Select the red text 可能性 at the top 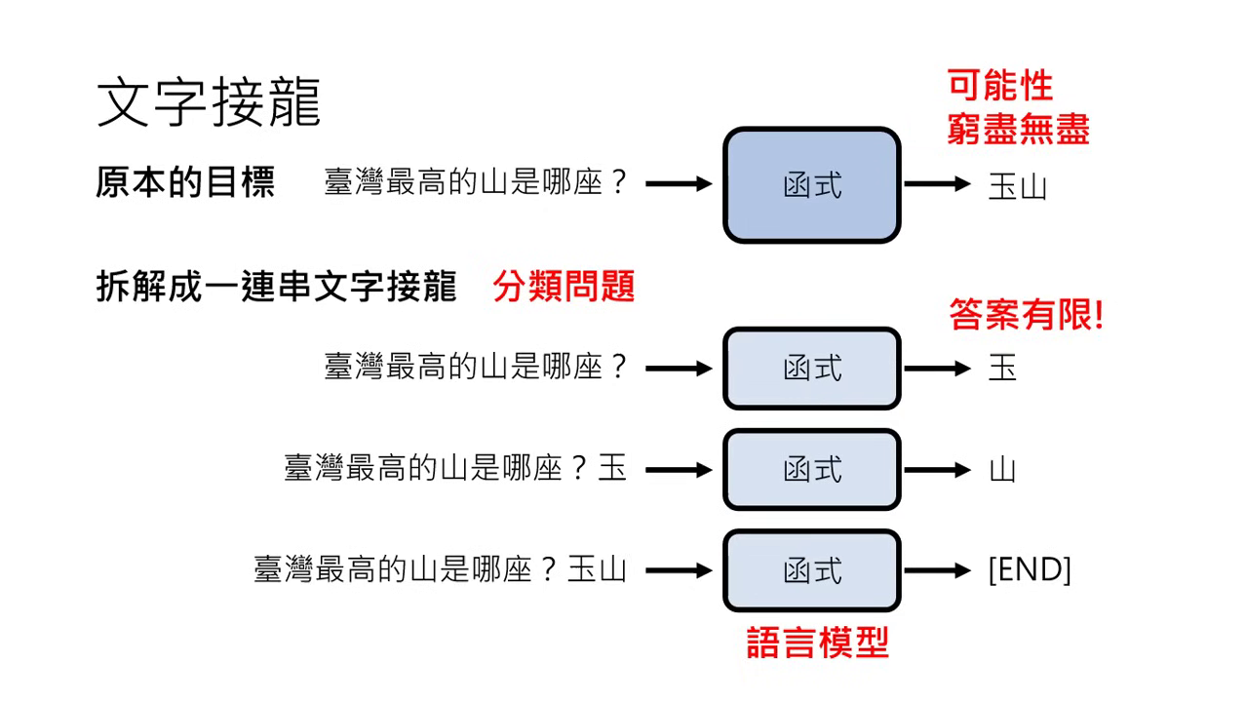[x=1000, y=87]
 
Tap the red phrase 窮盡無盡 [x=1018, y=129]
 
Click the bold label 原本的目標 [x=185, y=182]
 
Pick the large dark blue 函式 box [x=811, y=184]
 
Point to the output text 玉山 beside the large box [x=1017, y=185]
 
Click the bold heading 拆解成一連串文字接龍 [x=276, y=287]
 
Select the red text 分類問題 [x=564, y=287]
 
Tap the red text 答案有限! [x=1026, y=315]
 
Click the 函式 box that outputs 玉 [x=811, y=369]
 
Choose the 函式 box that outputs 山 [x=811, y=469]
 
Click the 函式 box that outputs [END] [x=811, y=570]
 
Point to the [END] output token [x=1030, y=570]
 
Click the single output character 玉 [x=1002, y=369]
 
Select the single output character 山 [x=1002, y=470]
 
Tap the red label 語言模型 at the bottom [x=817, y=643]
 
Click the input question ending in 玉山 [x=440, y=570]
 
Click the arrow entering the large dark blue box [x=679, y=183]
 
